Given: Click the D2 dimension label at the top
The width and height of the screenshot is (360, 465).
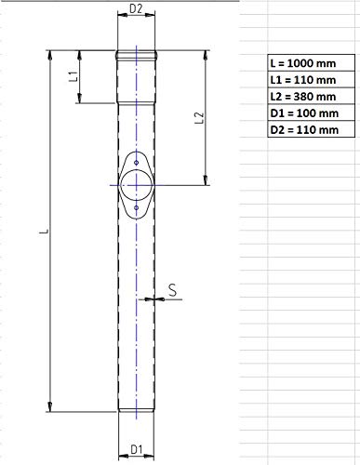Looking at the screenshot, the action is point(136,9).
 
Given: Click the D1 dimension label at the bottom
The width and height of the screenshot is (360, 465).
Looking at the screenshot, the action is point(136,449).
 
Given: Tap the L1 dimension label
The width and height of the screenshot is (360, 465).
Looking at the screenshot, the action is point(73,76).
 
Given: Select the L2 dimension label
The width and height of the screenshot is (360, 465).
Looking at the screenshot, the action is point(200,117).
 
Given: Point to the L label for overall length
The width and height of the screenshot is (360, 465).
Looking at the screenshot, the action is point(45,232).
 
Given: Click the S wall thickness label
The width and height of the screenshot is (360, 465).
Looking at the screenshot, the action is point(172,290).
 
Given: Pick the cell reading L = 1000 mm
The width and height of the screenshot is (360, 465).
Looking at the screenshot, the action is point(312,63).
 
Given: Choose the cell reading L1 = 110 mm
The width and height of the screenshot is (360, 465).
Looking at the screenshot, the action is point(312,80).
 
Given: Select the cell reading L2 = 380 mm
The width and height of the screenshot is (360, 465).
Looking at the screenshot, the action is point(312,97).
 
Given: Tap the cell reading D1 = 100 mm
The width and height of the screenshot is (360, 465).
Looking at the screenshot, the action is point(312,113).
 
